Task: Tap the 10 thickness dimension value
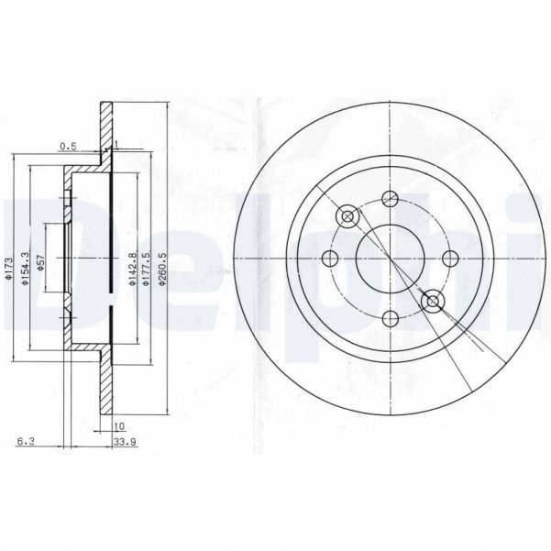click(118, 426)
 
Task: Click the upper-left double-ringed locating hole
click(347, 216)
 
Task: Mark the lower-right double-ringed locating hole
click(433, 300)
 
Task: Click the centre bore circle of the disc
click(391, 258)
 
